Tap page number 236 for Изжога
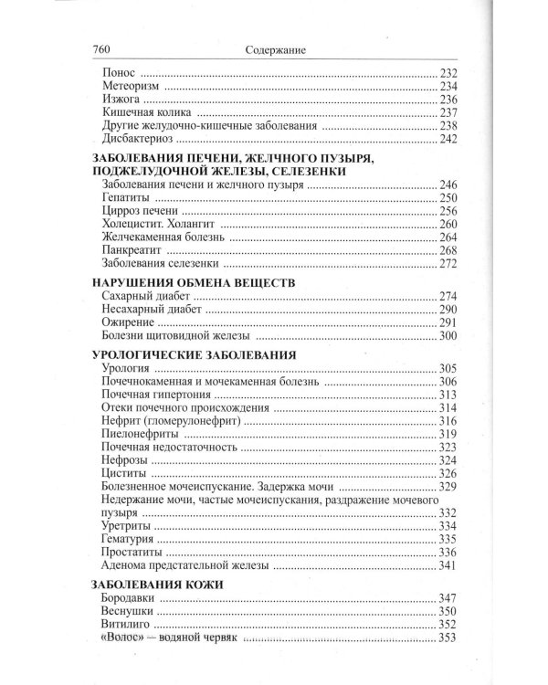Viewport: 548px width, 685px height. pyautogui.click(x=447, y=99)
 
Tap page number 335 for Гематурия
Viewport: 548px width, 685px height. pyautogui.click(x=447, y=539)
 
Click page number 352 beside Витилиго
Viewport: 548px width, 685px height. pyautogui.click(x=447, y=625)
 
